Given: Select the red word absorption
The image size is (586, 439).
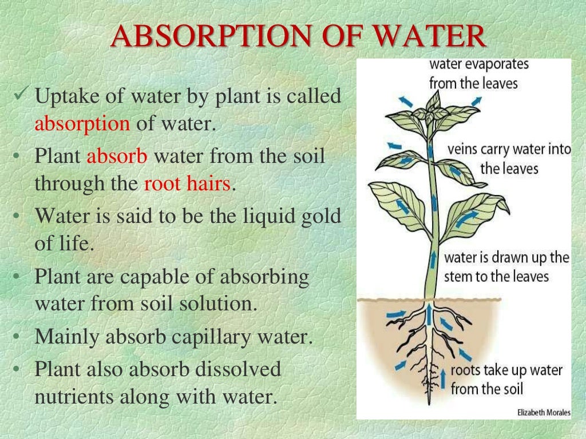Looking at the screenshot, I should (x=82, y=123).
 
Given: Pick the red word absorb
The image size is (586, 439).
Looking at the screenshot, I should (x=117, y=155).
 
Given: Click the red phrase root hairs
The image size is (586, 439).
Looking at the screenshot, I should (x=187, y=184).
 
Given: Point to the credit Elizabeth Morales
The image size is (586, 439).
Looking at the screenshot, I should (x=543, y=413).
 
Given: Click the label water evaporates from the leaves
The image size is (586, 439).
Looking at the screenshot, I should (x=479, y=73).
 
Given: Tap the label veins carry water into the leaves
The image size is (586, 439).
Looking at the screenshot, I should (x=508, y=159).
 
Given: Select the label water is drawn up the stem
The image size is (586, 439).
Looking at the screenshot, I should (x=506, y=266).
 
